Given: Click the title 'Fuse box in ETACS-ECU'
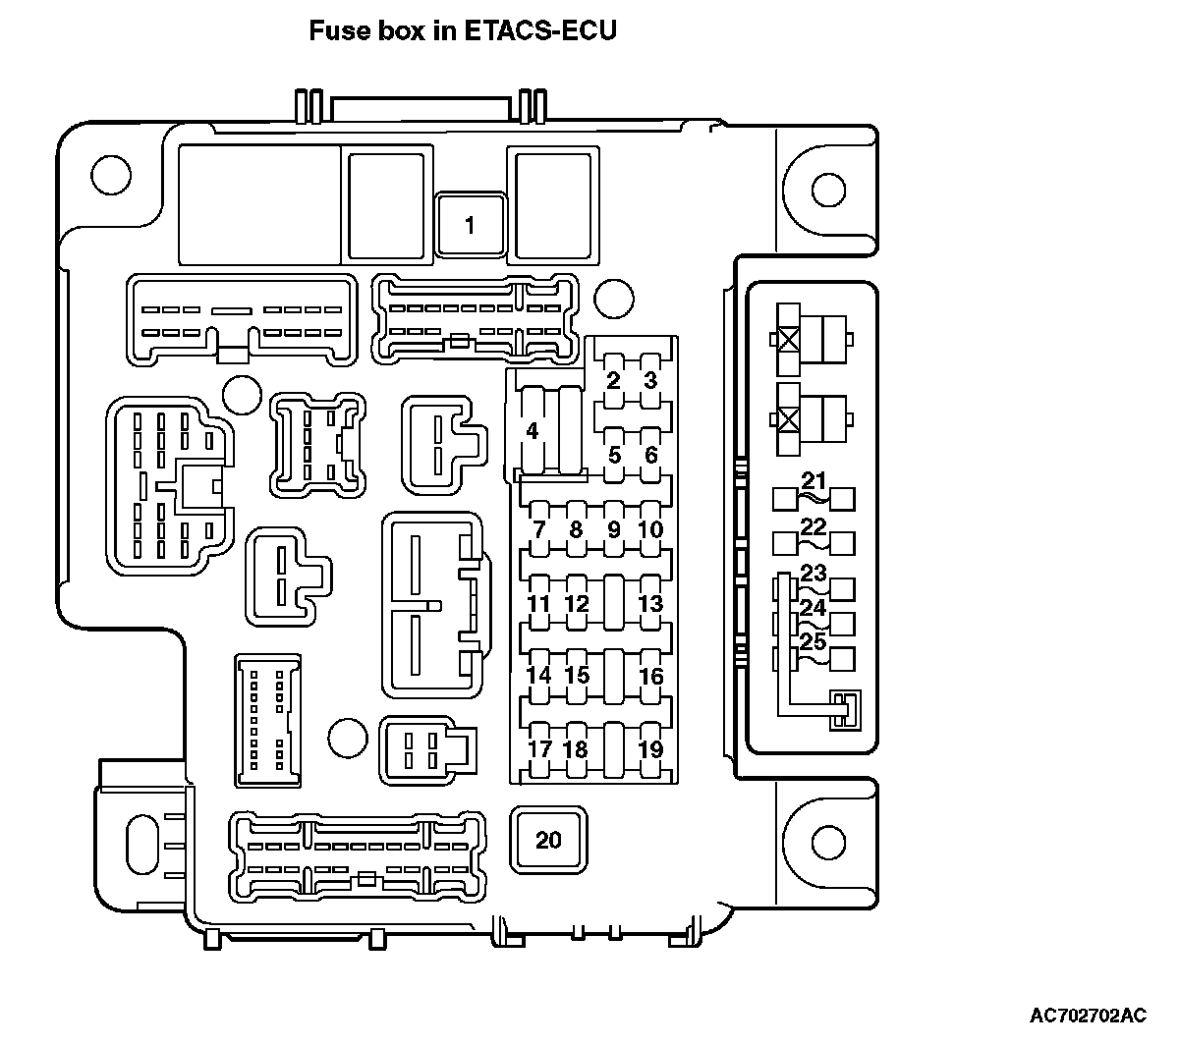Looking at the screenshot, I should [463, 31].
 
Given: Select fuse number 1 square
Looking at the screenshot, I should [470, 226].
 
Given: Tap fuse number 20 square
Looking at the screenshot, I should [548, 840].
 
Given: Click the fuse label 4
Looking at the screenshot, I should [533, 431].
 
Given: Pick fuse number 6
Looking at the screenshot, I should [650, 456].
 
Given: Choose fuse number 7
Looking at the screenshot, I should [538, 530].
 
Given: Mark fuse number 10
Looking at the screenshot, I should [650, 530].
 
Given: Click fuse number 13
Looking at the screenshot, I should [650, 604].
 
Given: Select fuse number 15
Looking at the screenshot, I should [577, 676].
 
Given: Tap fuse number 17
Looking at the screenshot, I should [539, 749].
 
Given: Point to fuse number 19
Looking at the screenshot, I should [650, 749].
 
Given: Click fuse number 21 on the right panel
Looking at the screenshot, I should [814, 481].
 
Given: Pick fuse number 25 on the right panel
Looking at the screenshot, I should [813, 642].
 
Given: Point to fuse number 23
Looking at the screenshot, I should [814, 573].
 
